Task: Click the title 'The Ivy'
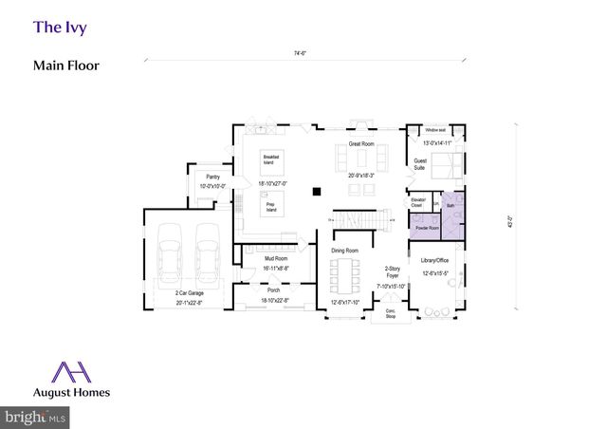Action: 60,27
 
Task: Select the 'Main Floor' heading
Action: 66,65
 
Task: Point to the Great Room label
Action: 361,143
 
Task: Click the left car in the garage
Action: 171,252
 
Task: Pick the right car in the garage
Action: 208,252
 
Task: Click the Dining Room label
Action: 343,251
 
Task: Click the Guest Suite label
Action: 420,162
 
